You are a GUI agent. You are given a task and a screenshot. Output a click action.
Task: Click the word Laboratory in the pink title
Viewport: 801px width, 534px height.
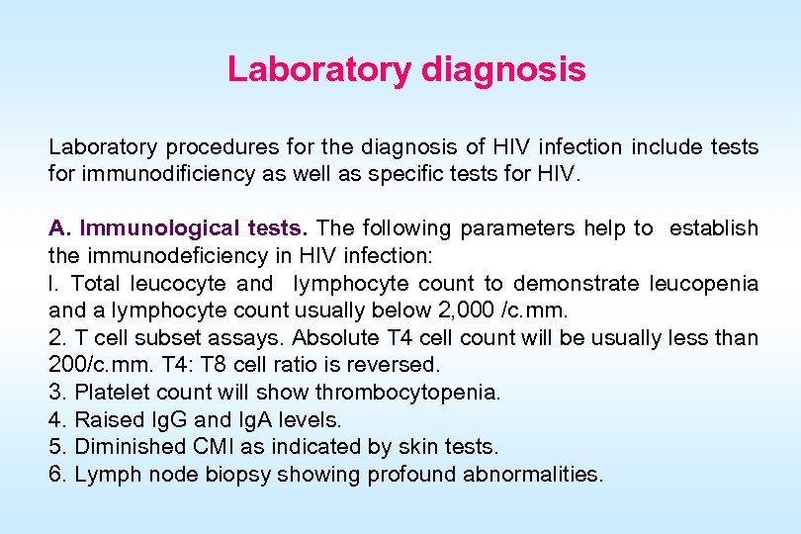click(319, 70)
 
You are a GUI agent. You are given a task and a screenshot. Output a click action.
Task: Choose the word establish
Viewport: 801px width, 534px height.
click(713, 228)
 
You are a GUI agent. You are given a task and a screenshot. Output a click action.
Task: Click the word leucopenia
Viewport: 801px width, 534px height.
click(703, 284)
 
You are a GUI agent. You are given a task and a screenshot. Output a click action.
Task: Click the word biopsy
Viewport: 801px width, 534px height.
click(237, 475)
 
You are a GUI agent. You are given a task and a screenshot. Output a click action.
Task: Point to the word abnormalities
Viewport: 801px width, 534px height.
click(534, 475)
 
